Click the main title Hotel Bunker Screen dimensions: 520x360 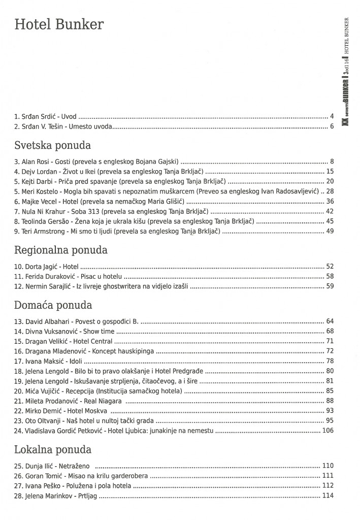(x=59, y=25)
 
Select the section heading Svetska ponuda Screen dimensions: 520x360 (x=52, y=146)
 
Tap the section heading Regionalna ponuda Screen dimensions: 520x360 (x=61, y=250)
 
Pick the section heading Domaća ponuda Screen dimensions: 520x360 (x=53, y=306)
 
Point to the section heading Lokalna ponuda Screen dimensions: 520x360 (x=53, y=449)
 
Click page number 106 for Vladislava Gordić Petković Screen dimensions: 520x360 (x=328, y=431)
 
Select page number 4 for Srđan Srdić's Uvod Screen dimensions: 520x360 (x=332, y=116)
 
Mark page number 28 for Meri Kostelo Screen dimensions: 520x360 (x=330, y=191)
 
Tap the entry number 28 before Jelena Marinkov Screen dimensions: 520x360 (x=19, y=496)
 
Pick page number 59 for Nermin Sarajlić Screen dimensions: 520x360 (x=330, y=286)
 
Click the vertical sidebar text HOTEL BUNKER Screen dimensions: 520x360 (x=346, y=36)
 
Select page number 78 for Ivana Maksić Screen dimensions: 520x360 (x=330, y=361)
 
